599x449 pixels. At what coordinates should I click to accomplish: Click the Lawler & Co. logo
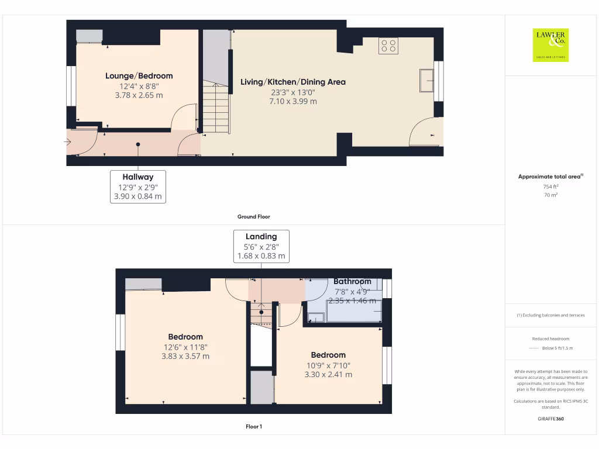tap(550, 45)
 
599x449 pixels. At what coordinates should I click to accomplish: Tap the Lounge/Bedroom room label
tap(139, 76)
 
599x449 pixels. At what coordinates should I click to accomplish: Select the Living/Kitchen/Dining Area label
tap(293, 82)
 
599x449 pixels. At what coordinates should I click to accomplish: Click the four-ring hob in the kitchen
tap(388, 46)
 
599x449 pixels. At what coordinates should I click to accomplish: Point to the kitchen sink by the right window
tap(426, 80)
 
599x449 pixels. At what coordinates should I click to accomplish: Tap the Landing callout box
tap(261, 246)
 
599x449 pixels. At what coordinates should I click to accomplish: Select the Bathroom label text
tap(352, 282)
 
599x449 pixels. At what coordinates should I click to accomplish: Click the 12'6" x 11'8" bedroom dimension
tap(185, 347)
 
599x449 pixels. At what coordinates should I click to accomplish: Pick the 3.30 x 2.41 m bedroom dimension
tap(328, 375)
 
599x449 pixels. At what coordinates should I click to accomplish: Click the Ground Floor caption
tap(253, 217)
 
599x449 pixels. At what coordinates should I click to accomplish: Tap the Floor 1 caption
tap(253, 427)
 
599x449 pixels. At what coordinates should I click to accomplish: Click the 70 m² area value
tap(550, 195)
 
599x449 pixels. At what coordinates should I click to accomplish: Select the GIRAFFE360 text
tap(550, 419)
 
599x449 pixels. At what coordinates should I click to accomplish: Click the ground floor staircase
tap(216, 108)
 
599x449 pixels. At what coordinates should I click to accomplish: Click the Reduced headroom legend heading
tap(550, 339)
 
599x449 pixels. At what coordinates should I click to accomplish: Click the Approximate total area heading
tap(550, 177)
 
